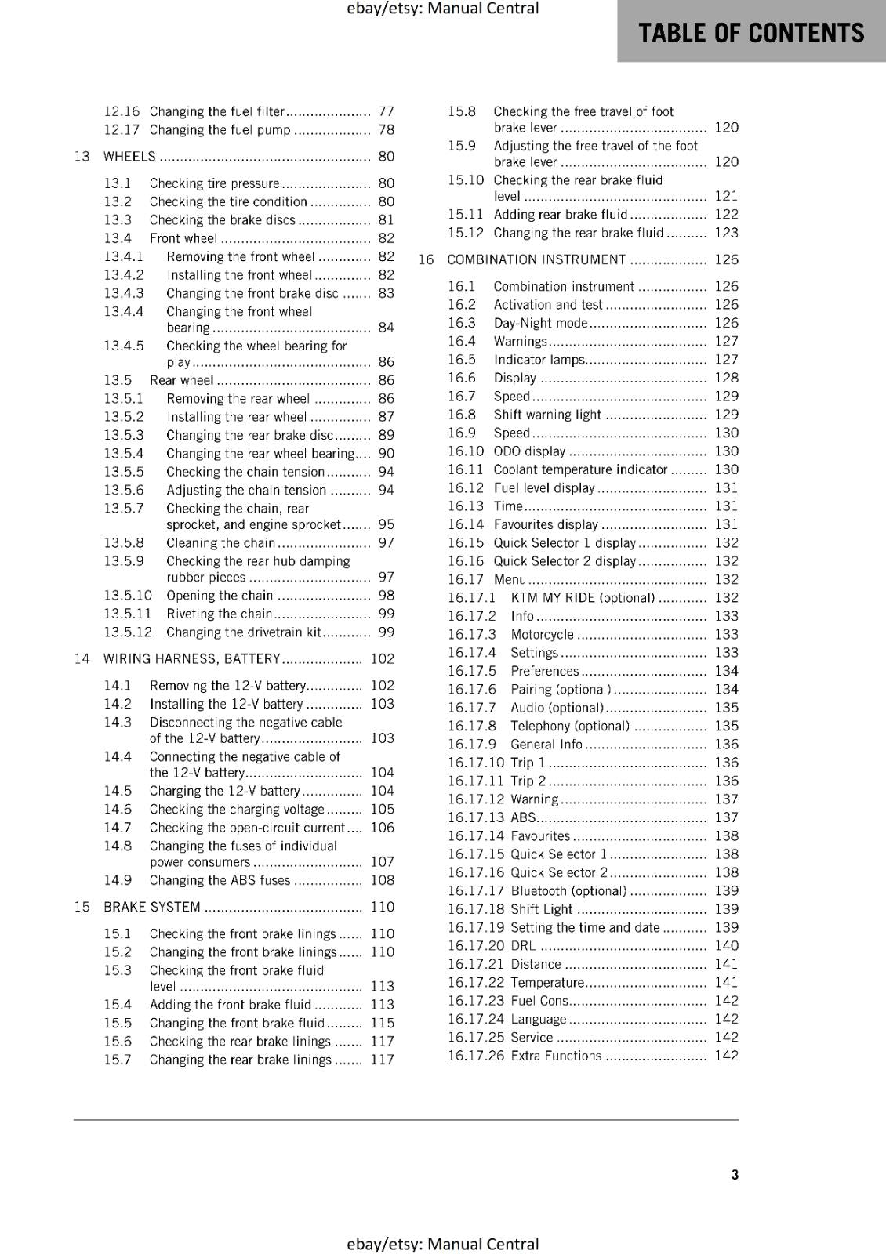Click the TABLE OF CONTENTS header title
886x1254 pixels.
(x=750, y=33)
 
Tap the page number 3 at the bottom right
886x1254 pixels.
(x=735, y=1174)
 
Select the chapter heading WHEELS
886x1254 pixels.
(x=129, y=157)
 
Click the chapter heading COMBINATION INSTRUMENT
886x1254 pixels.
(x=536, y=260)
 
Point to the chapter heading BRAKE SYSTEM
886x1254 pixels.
(x=151, y=907)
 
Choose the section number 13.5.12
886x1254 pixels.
(x=128, y=632)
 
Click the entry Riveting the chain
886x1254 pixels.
(x=219, y=614)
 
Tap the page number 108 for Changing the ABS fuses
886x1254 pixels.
(x=382, y=880)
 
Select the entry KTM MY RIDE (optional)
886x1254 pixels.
(x=582, y=598)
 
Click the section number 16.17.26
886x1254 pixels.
(x=476, y=1056)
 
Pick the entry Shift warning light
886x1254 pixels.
(x=547, y=415)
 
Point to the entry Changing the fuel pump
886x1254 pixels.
(x=220, y=130)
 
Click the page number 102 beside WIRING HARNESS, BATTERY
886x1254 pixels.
(x=382, y=659)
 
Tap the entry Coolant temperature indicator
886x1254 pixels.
(x=580, y=469)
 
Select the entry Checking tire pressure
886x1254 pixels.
(x=214, y=183)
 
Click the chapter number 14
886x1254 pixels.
(x=82, y=659)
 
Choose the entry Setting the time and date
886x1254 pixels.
(x=585, y=928)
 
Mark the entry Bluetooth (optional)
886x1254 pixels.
(x=568, y=891)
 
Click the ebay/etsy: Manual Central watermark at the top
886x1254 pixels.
(x=442, y=9)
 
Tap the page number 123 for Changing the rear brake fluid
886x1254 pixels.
(x=726, y=233)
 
